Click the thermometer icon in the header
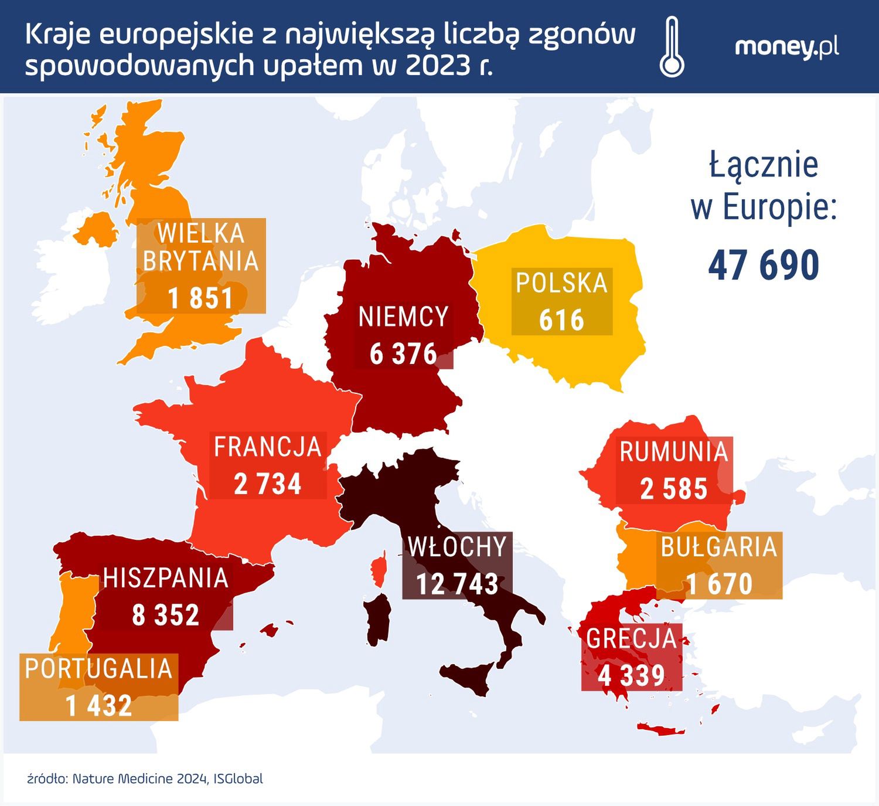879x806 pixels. (x=672, y=47)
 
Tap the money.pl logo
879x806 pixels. (x=786, y=47)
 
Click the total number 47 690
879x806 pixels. (x=764, y=265)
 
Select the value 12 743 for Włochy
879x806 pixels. (x=457, y=584)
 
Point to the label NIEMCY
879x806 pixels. (x=403, y=317)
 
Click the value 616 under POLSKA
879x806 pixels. (x=561, y=320)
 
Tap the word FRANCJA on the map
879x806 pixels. (x=268, y=447)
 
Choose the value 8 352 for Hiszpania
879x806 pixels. (x=166, y=615)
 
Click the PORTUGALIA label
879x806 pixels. (x=98, y=669)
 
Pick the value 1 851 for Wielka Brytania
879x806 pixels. (x=200, y=298)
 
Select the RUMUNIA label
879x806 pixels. (x=673, y=452)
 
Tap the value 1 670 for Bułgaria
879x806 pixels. (x=719, y=584)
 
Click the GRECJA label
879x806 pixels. (x=632, y=638)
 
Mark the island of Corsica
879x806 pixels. (x=379, y=569)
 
